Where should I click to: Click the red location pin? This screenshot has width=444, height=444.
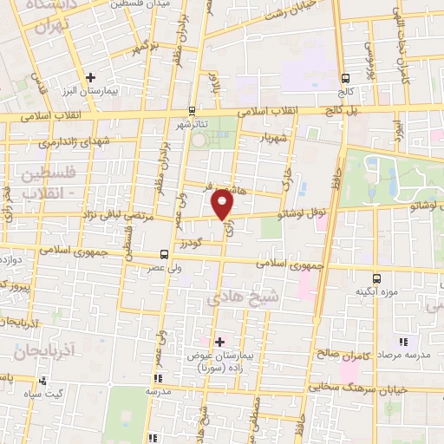click(223, 205)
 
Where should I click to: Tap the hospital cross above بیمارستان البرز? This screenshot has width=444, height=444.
click(90, 77)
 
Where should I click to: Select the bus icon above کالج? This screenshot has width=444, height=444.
click(345, 75)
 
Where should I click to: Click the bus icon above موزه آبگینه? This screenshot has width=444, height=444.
click(375, 278)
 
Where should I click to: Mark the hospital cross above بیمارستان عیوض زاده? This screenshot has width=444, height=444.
click(219, 342)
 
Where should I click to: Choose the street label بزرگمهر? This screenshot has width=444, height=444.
click(142, 45)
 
